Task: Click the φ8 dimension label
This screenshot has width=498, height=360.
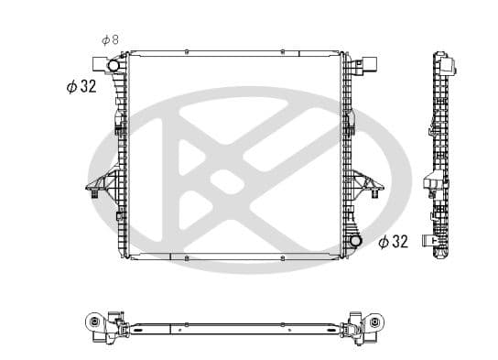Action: point(110,39)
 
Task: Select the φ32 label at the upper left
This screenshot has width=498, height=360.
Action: point(81,86)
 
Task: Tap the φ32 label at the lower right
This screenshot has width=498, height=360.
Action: point(393,242)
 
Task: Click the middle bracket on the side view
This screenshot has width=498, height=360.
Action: point(429,186)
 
